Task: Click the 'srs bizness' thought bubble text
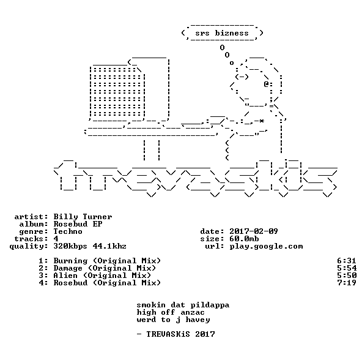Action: click(222, 33)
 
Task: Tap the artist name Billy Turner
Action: click(83, 217)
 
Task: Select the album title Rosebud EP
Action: click(78, 224)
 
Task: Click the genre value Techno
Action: click(68, 231)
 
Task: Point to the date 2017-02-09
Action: click(254, 231)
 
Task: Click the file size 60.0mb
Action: click(244, 239)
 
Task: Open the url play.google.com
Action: click(266, 246)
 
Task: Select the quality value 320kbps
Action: click(70, 246)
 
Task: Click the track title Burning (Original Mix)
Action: click(107, 261)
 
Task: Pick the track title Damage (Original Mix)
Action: click(105, 268)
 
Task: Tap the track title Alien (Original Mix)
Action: click(102, 276)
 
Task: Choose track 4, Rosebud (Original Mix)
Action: click(107, 283)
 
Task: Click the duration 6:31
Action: click(347, 261)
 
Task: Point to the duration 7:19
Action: click(347, 283)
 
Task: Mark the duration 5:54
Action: click(347, 268)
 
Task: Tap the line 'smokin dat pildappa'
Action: click(183, 305)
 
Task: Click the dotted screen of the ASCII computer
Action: click(117, 92)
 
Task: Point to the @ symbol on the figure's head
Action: click(266, 84)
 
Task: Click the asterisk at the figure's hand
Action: click(261, 121)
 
